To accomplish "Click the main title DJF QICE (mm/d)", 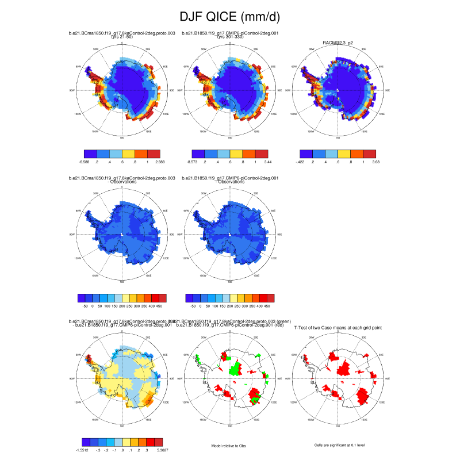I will (229, 17).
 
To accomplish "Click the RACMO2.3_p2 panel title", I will (338, 42).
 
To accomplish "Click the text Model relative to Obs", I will (229, 444).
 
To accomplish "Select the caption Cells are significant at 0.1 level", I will (338, 444).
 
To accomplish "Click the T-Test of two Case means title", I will (338, 328).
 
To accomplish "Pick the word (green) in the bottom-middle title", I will (269, 321).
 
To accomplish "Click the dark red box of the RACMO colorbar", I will (369, 154).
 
